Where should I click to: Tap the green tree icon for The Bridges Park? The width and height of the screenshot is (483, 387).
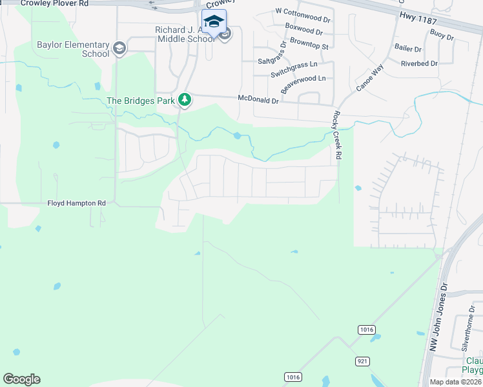point(185,99)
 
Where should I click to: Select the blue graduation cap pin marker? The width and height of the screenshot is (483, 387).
point(214,21)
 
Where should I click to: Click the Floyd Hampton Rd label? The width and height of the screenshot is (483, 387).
point(76,203)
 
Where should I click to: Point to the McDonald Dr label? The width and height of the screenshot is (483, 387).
point(258,100)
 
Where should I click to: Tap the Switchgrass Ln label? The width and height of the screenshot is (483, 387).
point(294,66)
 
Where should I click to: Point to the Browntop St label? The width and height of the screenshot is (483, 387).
point(309,46)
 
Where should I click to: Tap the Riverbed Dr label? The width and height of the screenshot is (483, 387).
point(419,63)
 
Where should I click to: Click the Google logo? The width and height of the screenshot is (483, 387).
point(21,379)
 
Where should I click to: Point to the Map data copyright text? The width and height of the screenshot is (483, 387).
point(455,382)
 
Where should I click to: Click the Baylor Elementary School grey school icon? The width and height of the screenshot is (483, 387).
point(119,48)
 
